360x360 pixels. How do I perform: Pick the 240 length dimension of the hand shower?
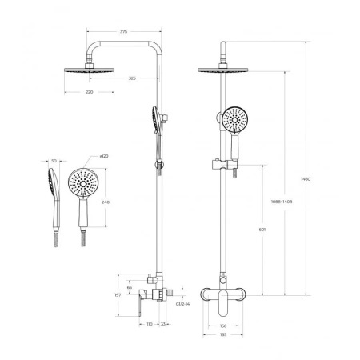(105, 203)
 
